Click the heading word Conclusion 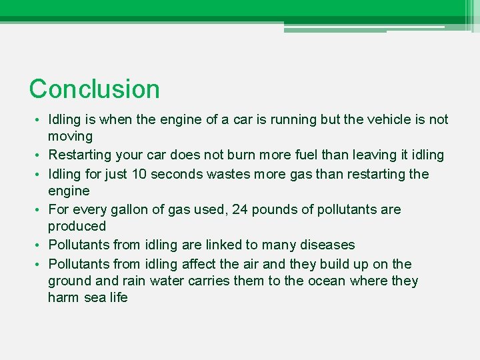tap(95, 89)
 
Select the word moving tap(70, 137)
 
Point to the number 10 tap(139, 175)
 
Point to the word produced tap(77, 227)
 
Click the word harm tap(63, 298)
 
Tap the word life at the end tap(117, 298)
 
